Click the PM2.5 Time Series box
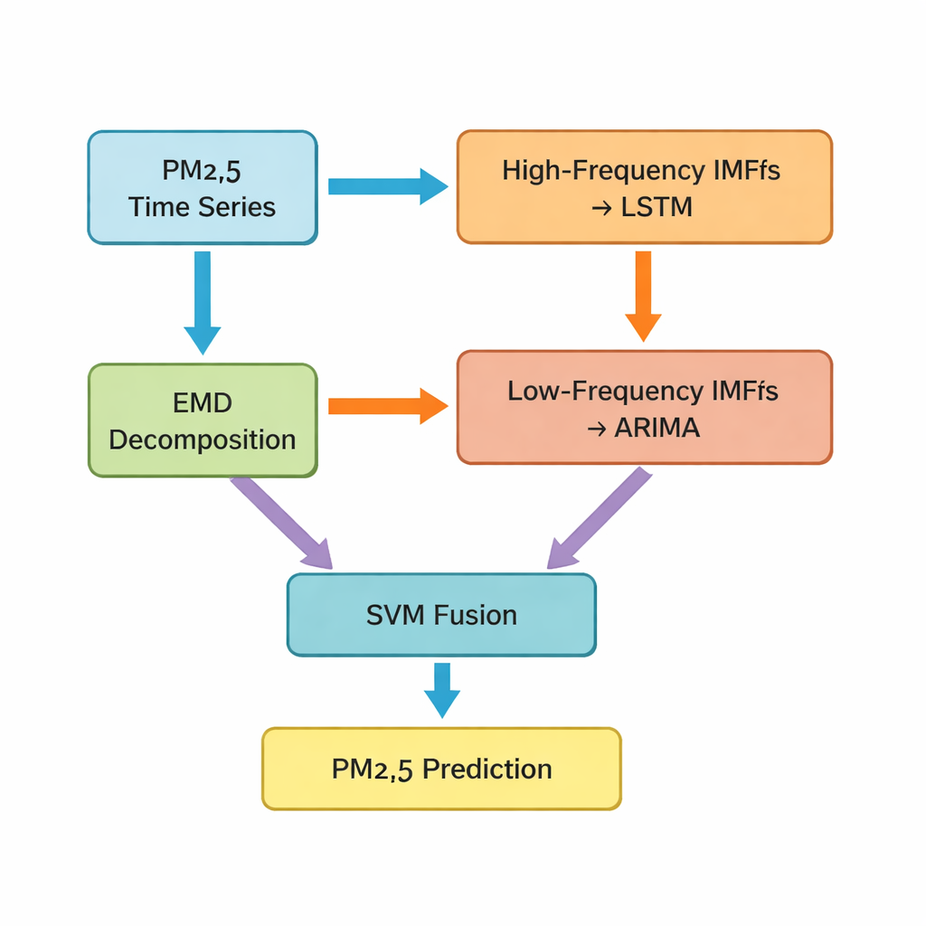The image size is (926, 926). pyautogui.click(x=202, y=187)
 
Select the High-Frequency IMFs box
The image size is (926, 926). pyautogui.click(x=644, y=187)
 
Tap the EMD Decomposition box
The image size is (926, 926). pyautogui.click(x=202, y=420)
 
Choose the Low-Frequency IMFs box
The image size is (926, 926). pyautogui.click(x=644, y=408)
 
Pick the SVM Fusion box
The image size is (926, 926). pyautogui.click(x=441, y=615)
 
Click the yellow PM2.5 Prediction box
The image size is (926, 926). pyautogui.click(x=441, y=769)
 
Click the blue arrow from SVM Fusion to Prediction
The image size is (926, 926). pyautogui.click(x=441, y=689)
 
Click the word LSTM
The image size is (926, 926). pyautogui.click(x=657, y=206)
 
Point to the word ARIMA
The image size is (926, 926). pyautogui.click(x=657, y=427)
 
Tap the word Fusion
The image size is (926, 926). pyautogui.click(x=475, y=615)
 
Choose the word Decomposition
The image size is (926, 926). pyautogui.click(x=202, y=439)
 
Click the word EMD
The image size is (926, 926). pyautogui.click(x=202, y=402)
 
